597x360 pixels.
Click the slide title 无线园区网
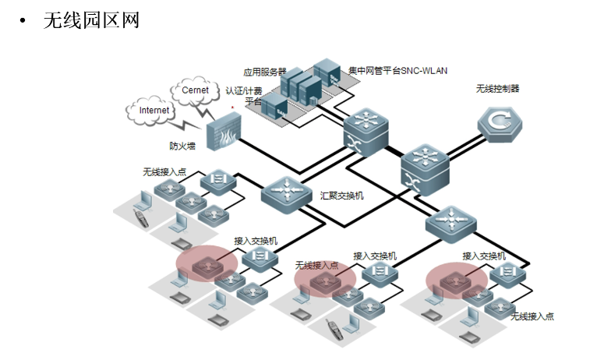point(91,20)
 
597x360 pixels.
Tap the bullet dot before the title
point(23,21)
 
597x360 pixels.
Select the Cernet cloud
point(195,90)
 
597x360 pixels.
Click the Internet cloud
point(154,111)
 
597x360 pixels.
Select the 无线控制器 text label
point(497,89)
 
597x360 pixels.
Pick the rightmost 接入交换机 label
point(483,255)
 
